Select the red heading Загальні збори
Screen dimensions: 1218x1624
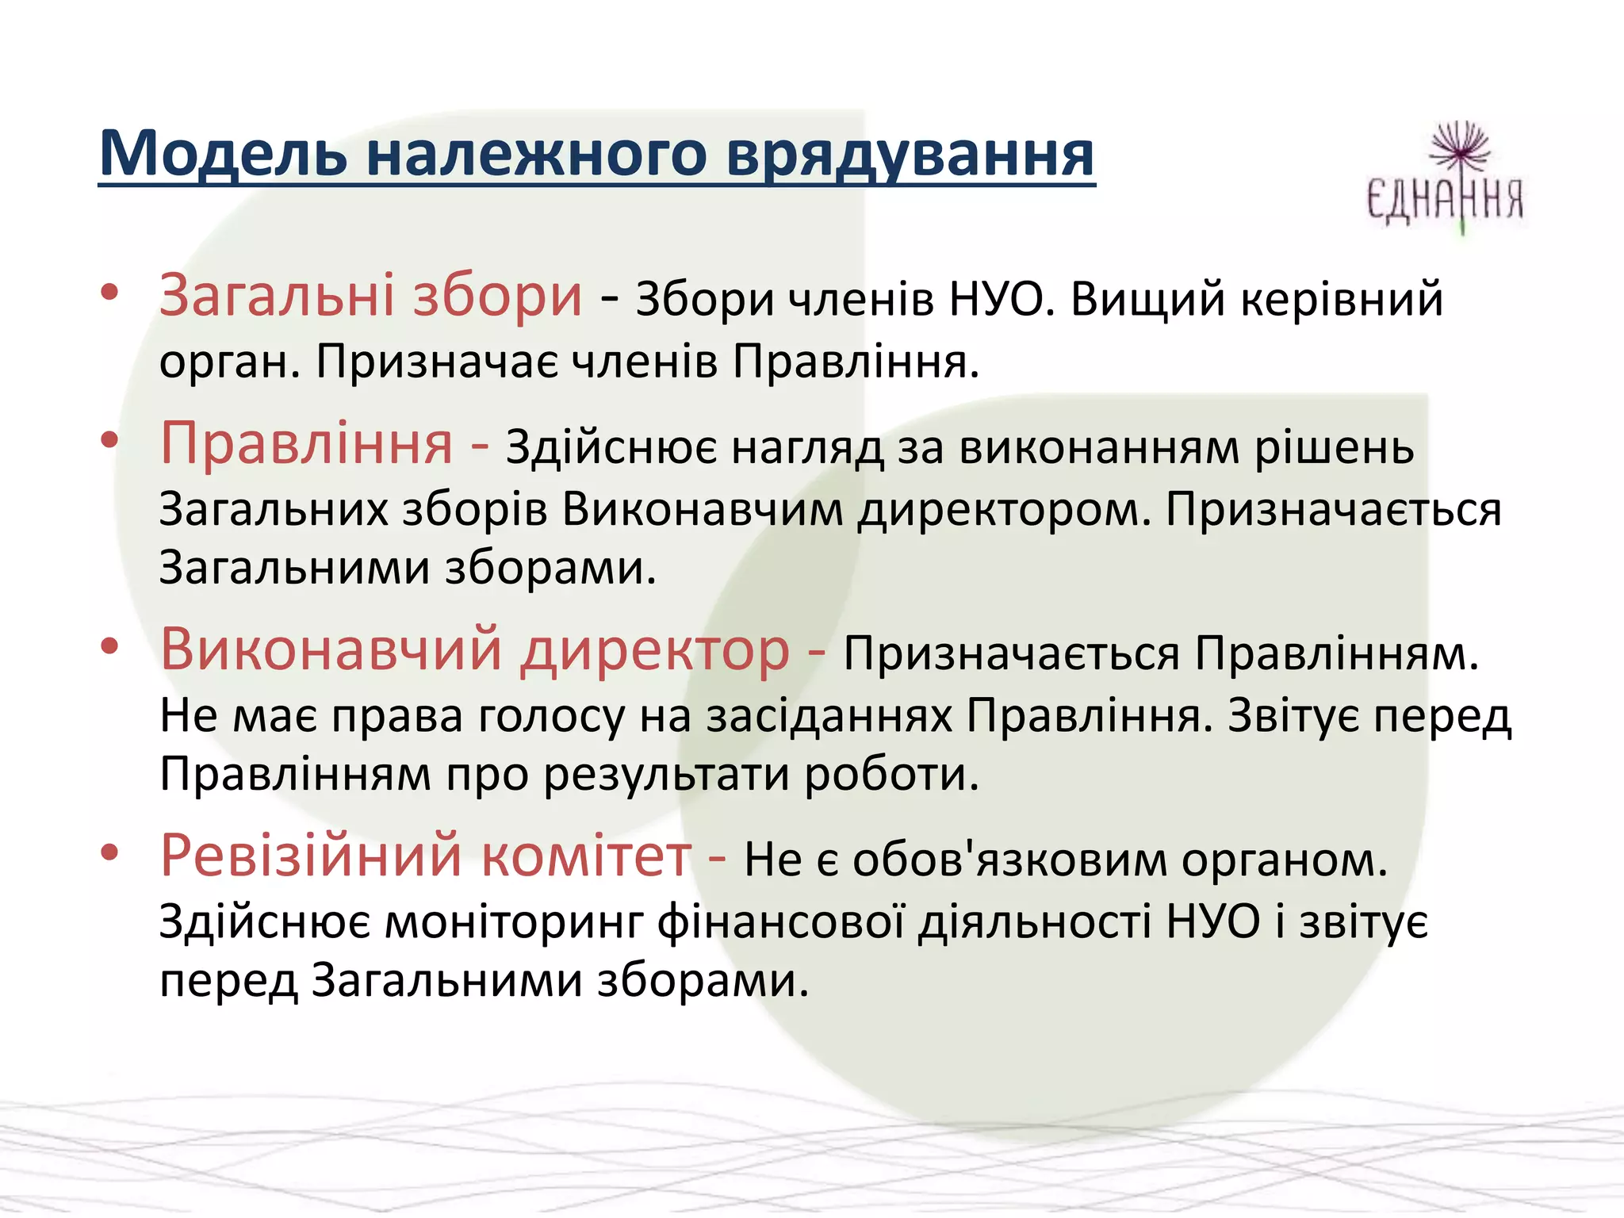(x=370, y=296)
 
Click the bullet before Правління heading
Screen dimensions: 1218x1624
(x=109, y=440)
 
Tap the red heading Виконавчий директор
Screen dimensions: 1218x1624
(x=474, y=649)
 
